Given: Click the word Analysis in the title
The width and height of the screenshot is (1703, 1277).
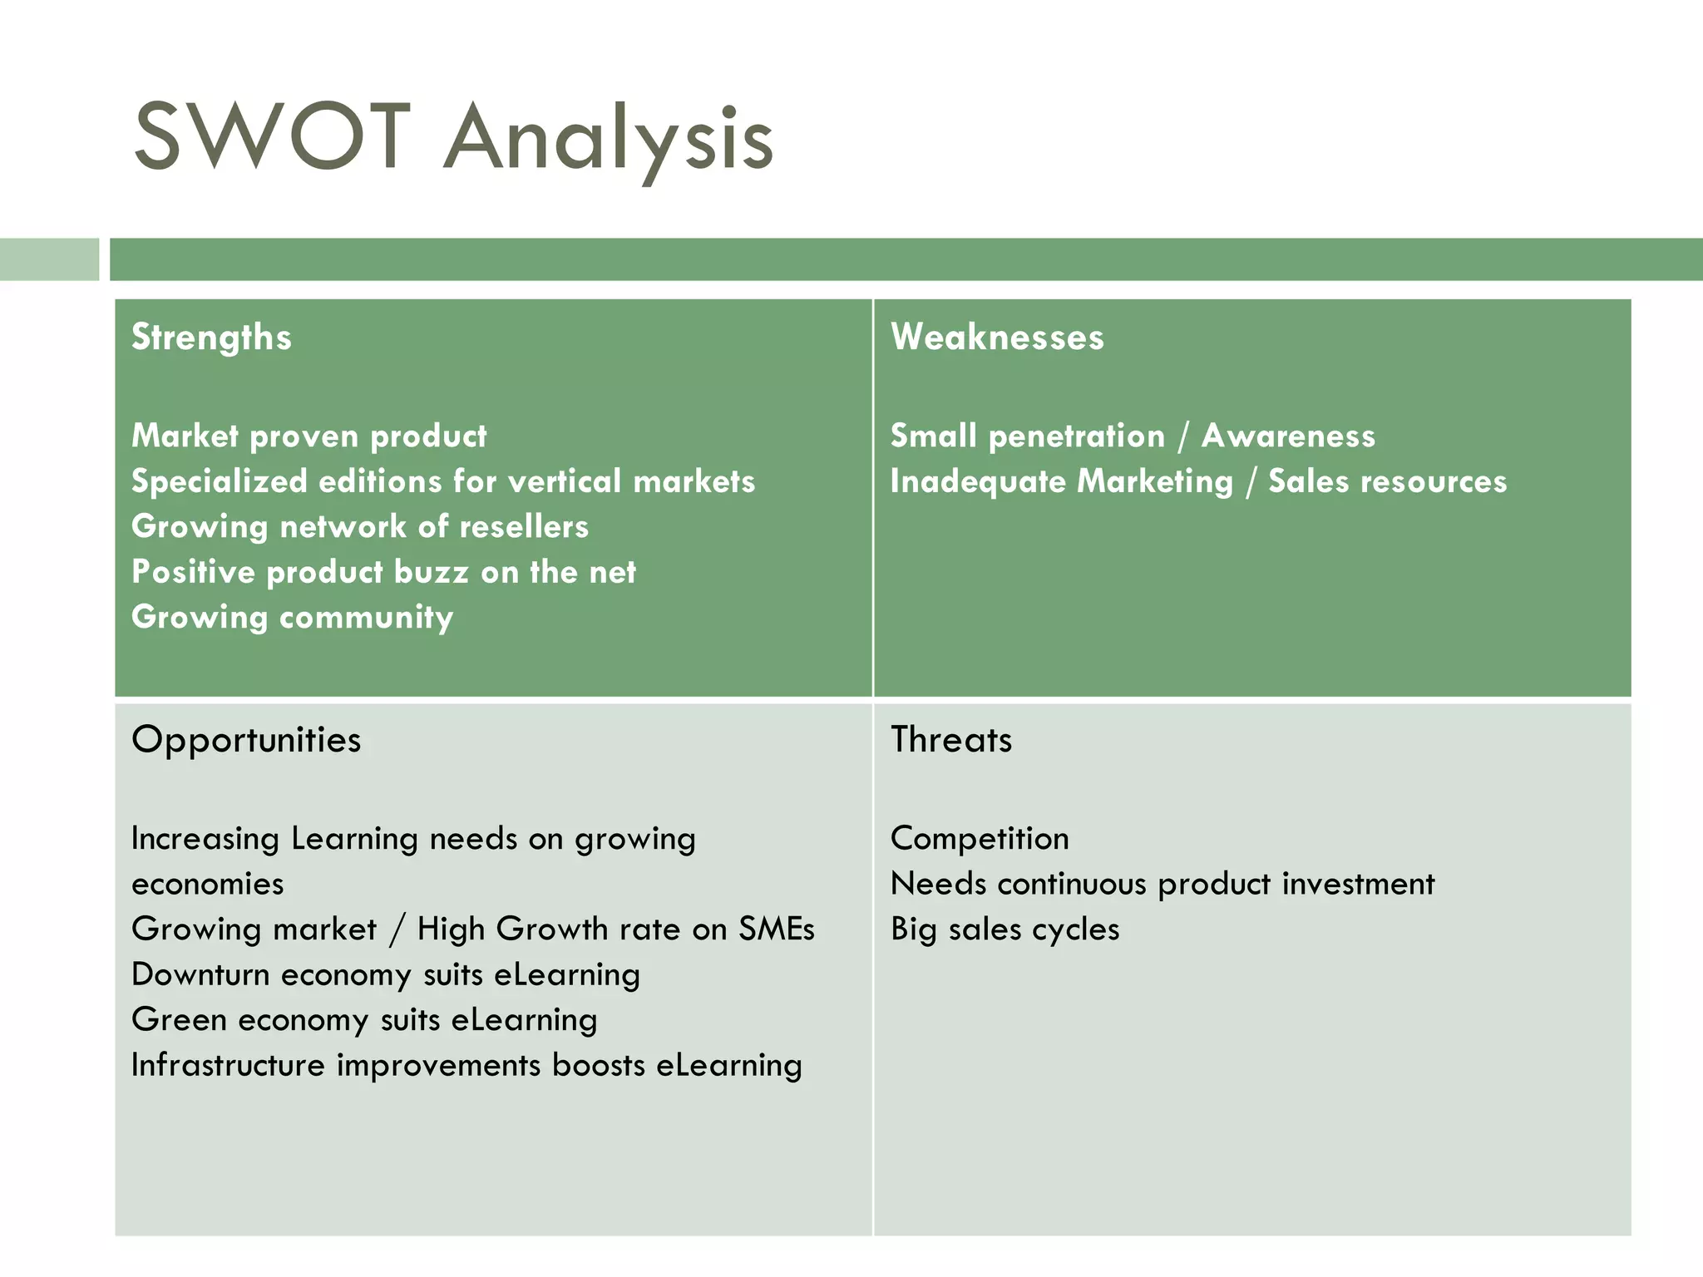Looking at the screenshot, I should click(609, 140).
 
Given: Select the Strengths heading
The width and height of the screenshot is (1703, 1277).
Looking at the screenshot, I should click(211, 338).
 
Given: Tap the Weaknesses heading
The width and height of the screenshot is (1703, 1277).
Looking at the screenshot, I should click(997, 338).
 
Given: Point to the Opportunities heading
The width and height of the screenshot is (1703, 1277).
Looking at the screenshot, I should click(246, 740).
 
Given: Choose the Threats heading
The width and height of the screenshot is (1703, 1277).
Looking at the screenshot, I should click(951, 740).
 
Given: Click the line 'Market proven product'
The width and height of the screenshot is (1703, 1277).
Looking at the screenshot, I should click(309, 436).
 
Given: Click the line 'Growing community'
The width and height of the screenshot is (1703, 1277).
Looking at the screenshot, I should click(293, 618).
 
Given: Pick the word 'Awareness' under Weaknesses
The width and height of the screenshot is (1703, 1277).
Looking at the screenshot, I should click(1288, 436).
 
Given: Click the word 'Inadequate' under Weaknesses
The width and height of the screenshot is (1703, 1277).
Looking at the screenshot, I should click(978, 482).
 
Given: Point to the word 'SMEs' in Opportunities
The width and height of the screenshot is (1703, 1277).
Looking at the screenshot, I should click(777, 929).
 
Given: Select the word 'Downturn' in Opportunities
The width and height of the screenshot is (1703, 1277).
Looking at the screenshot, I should click(200, 974).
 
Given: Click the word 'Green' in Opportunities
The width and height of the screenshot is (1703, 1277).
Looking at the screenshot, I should click(179, 1020).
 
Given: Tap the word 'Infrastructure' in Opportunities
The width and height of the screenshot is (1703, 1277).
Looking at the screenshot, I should click(228, 1065).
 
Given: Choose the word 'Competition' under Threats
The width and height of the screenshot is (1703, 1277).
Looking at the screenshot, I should click(980, 839).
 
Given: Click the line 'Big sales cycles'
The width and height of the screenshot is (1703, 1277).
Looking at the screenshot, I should click(1005, 929).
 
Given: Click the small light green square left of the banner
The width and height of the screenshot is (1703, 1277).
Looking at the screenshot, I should click(49, 259).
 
